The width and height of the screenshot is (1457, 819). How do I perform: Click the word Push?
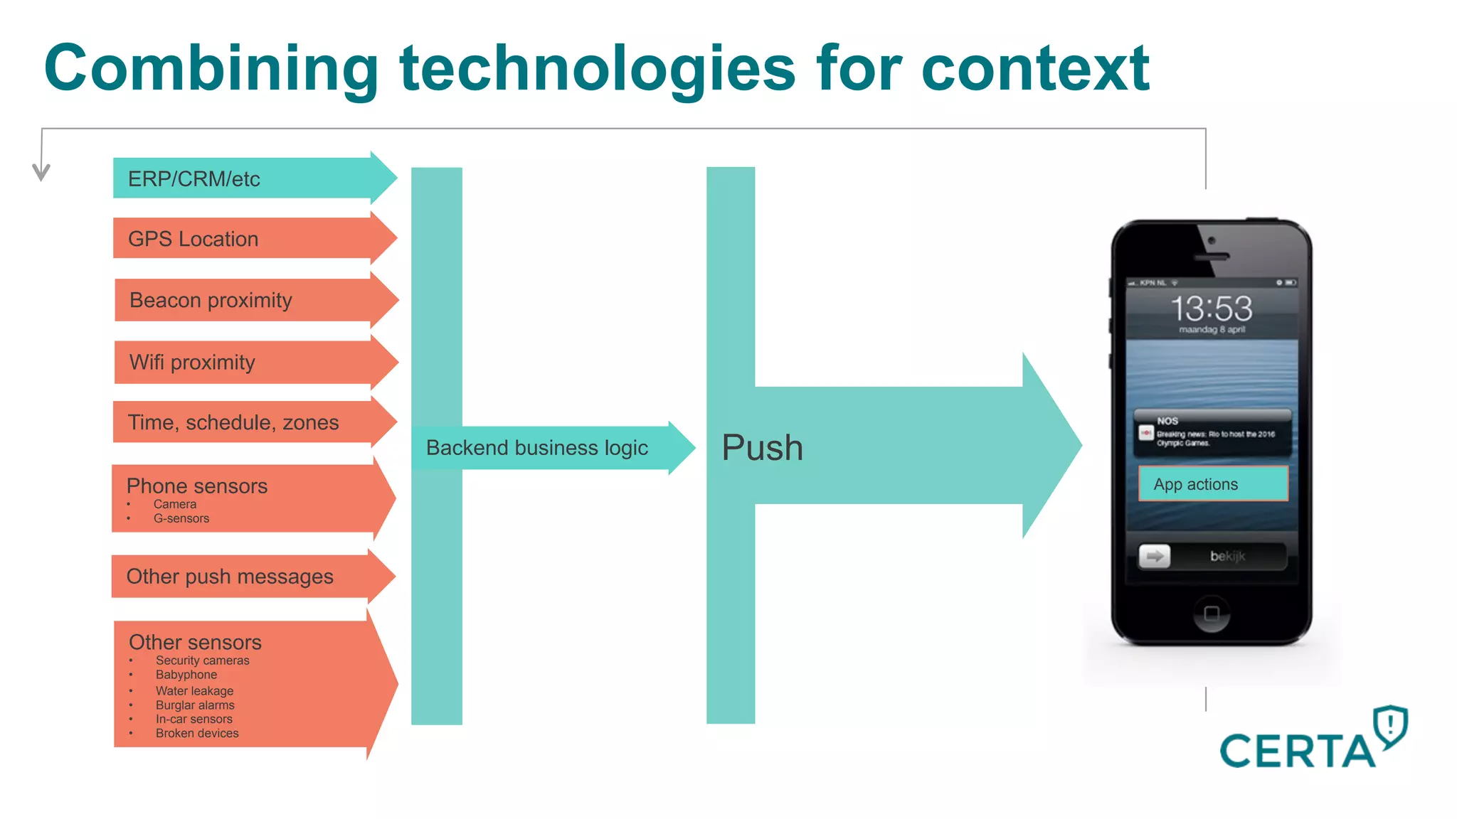pyautogui.click(x=762, y=448)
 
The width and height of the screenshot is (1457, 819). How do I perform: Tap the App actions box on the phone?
pyautogui.click(x=1212, y=484)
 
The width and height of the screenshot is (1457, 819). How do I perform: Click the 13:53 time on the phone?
pyautogui.click(x=1212, y=309)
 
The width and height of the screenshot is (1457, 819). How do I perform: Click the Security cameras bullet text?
pyautogui.click(x=202, y=660)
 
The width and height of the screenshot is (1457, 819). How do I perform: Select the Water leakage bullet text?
pyautogui.click(x=194, y=690)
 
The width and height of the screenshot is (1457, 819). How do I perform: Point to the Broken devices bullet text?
pyautogui.click(x=197, y=733)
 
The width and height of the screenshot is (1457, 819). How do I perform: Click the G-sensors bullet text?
pyautogui.click(x=181, y=518)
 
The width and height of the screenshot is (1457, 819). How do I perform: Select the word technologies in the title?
pyautogui.click(x=597, y=69)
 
